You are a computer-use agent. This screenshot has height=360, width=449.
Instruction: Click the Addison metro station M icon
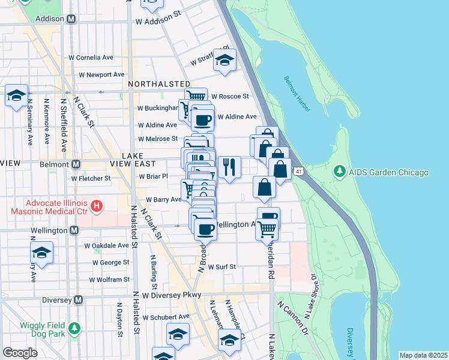[x=71, y=19]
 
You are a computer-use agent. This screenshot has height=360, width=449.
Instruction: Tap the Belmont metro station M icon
[x=76, y=164]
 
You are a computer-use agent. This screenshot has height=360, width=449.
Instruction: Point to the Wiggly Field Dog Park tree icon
[x=74, y=328]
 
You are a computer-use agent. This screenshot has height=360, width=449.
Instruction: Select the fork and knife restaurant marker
[x=229, y=167]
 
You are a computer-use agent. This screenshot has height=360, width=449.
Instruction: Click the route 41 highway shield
[x=298, y=172]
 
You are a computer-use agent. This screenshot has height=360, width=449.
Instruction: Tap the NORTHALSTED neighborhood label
[x=155, y=84]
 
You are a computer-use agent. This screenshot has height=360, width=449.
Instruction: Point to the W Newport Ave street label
[x=102, y=75]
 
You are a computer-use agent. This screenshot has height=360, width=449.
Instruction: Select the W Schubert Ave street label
[x=166, y=317]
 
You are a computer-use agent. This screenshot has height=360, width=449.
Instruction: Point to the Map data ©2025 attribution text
[x=423, y=355]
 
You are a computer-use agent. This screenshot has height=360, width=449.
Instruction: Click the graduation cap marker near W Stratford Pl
[x=224, y=60]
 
